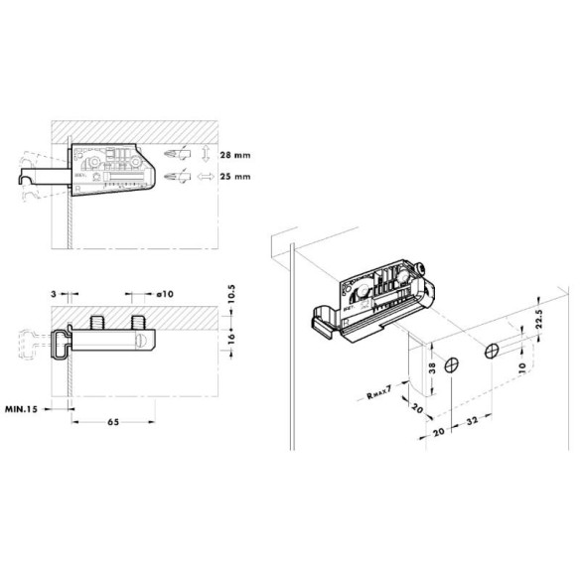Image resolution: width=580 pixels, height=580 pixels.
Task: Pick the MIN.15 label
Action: [x=24, y=409]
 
